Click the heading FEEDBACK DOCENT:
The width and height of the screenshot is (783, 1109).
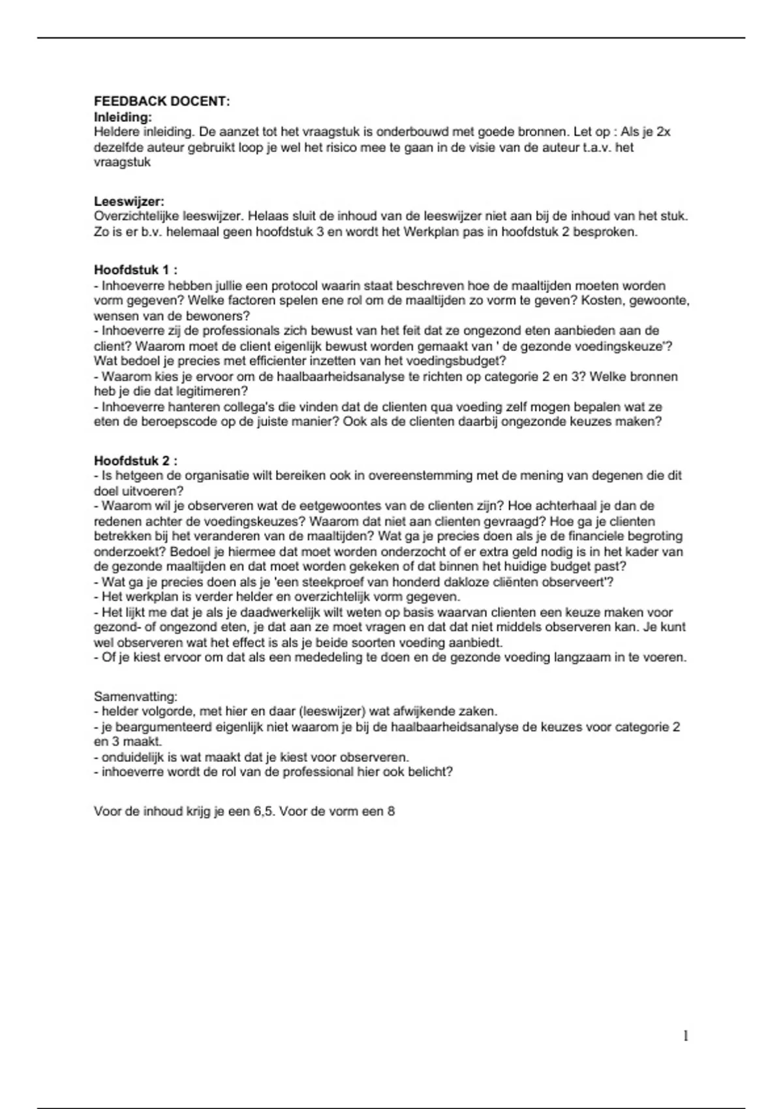(x=162, y=101)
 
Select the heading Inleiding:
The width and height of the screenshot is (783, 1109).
(x=123, y=117)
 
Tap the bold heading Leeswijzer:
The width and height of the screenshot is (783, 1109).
(x=129, y=202)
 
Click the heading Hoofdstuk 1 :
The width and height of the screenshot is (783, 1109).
(x=136, y=270)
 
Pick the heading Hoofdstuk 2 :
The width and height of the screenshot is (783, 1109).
(x=136, y=461)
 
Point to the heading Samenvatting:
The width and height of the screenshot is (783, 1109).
(x=136, y=697)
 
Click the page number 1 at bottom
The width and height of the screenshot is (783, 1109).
(x=686, y=1035)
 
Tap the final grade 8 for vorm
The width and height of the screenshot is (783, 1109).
(x=391, y=812)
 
